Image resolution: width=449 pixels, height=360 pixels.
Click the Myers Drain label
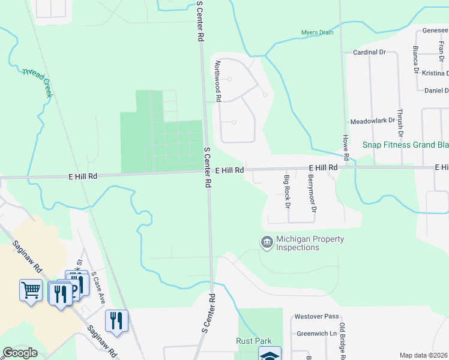(317, 32)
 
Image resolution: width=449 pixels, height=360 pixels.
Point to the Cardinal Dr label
(369, 52)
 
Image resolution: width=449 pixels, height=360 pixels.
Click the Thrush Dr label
(400, 122)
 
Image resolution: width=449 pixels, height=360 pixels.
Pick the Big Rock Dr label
(288, 191)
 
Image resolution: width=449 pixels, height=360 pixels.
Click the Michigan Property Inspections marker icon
(267, 242)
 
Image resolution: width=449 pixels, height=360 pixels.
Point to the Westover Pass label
(316, 316)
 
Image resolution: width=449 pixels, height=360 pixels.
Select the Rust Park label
(253, 341)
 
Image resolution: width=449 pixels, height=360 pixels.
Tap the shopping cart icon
(31, 290)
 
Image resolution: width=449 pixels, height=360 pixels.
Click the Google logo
(20, 353)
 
